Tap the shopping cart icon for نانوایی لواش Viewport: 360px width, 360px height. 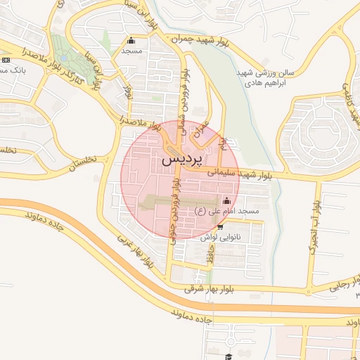click(x=221, y=227)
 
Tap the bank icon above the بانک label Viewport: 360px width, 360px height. click(x=5, y=61)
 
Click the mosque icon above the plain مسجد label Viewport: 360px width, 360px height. click(x=131, y=40)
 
